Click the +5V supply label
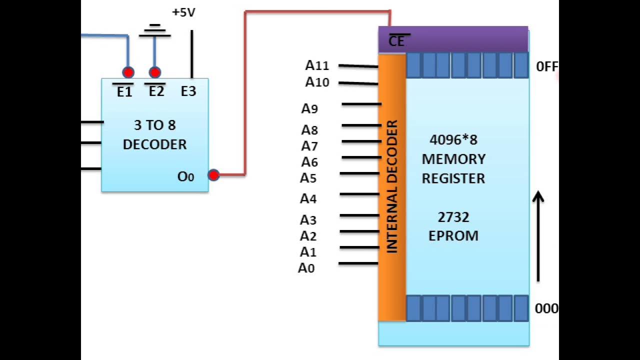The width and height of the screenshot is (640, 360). pyautogui.click(x=183, y=12)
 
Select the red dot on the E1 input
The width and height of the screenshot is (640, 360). pyautogui.click(x=128, y=72)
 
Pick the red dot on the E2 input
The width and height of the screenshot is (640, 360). pyautogui.click(x=155, y=72)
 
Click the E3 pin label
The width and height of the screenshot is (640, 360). pyautogui.click(x=188, y=91)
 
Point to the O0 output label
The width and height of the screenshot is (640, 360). pyautogui.click(x=185, y=176)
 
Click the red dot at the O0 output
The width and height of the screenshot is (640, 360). pyautogui.click(x=213, y=175)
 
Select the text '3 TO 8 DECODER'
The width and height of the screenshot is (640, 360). pyautogui.click(x=154, y=134)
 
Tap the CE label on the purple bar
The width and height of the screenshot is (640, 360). pyautogui.click(x=396, y=41)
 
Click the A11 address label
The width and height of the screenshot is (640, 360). pyautogui.click(x=317, y=65)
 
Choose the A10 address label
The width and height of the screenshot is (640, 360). pyautogui.click(x=317, y=82)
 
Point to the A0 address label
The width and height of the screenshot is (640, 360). pyautogui.click(x=306, y=268)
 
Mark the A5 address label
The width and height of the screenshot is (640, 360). pyautogui.click(x=308, y=178)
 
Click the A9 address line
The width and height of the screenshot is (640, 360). pyautogui.click(x=361, y=104)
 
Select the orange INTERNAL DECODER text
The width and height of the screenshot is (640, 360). pyautogui.click(x=392, y=186)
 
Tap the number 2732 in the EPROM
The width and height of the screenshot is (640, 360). pyautogui.click(x=453, y=217)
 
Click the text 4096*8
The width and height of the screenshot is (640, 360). pyautogui.click(x=453, y=139)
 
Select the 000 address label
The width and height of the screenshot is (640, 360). pyautogui.click(x=546, y=308)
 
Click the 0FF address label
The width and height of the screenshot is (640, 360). pyautogui.click(x=546, y=66)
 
